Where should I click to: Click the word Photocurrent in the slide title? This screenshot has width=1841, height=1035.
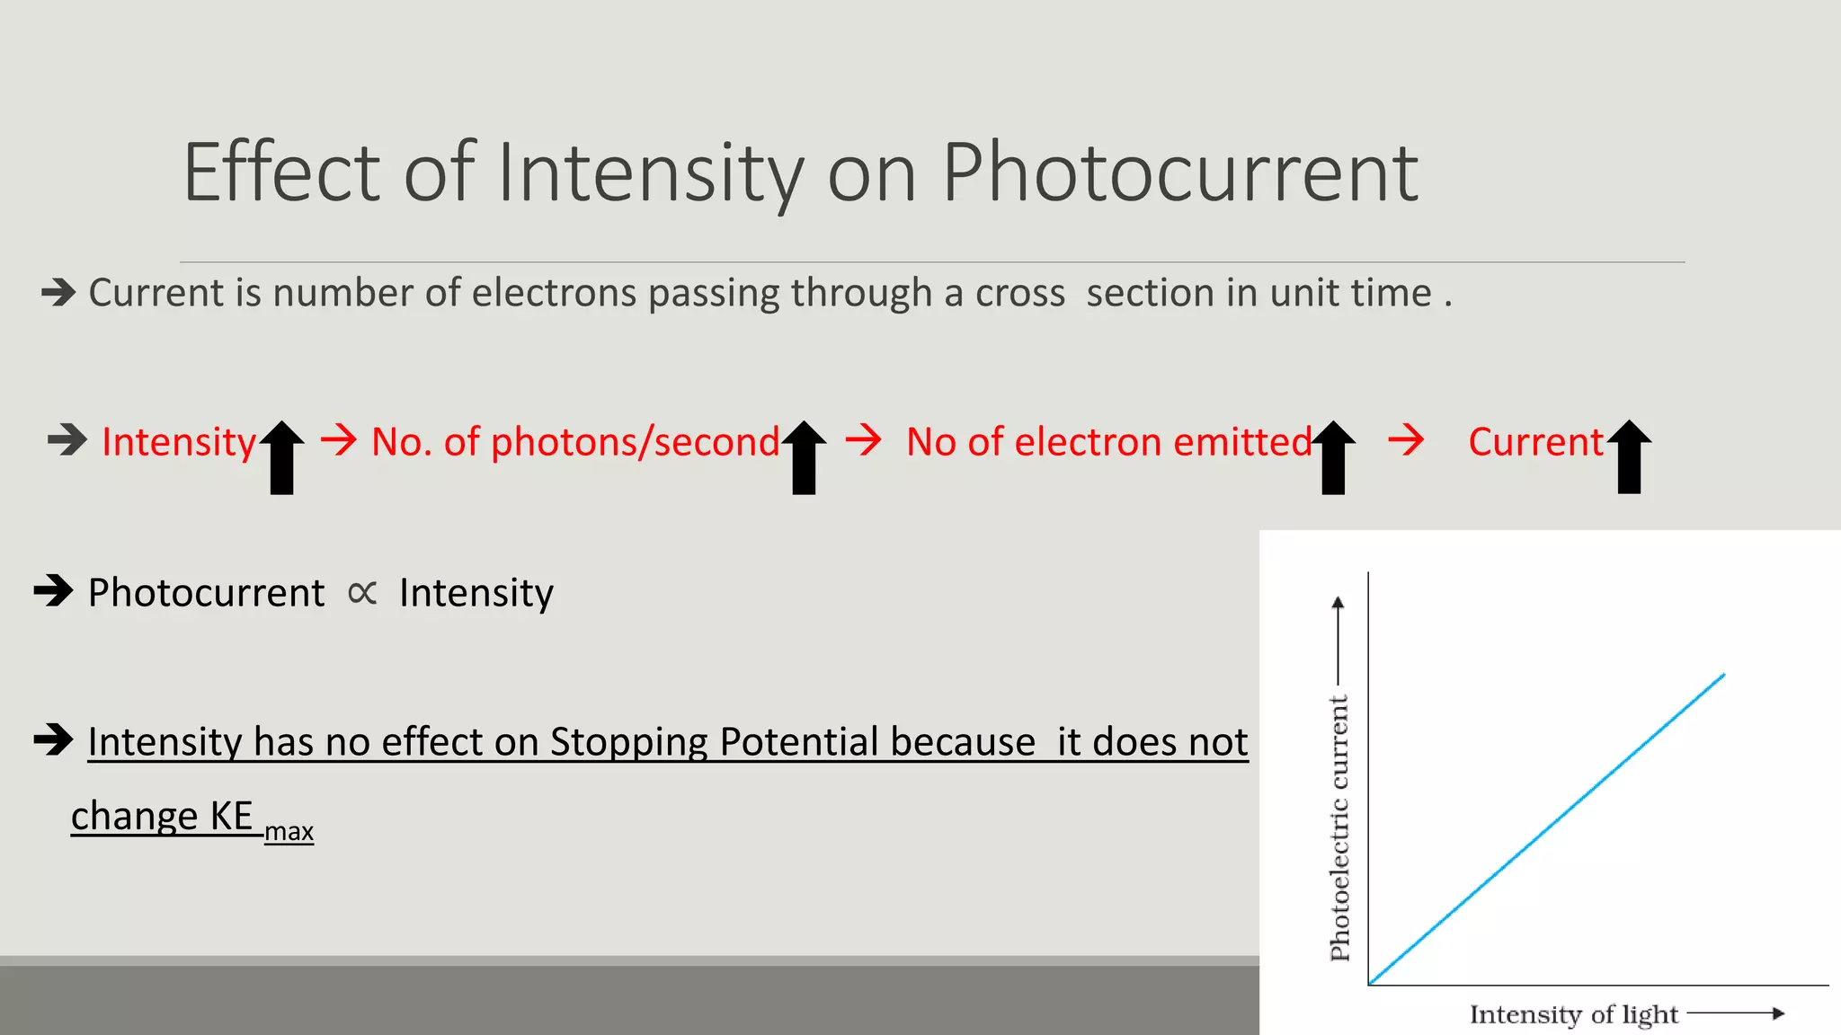(x=1179, y=172)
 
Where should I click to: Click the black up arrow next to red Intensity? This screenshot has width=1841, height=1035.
(x=282, y=456)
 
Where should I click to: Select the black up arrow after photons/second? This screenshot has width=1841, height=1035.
(x=804, y=456)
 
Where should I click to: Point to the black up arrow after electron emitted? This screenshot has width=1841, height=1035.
(x=1333, y=456)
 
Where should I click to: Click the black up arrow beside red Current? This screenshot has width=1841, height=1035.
(x=1629, y=456)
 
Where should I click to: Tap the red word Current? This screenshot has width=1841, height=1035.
(x=1535, y=442)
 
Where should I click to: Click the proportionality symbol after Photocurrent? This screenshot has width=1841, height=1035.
(x=362, y=593)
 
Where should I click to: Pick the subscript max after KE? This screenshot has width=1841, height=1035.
(x=289, y=832)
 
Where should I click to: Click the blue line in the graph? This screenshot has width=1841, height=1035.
(x=1546, y=827)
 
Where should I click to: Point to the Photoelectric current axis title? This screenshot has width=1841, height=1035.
(x=1339, y=827)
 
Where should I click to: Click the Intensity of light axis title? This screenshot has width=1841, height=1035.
(x=1573, y=1014)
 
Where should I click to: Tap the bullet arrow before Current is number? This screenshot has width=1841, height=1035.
(x=59, y=292)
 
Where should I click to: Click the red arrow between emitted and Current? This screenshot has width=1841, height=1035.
(x=1406, y=440)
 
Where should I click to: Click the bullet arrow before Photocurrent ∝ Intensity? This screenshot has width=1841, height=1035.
(x=53, y=591)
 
